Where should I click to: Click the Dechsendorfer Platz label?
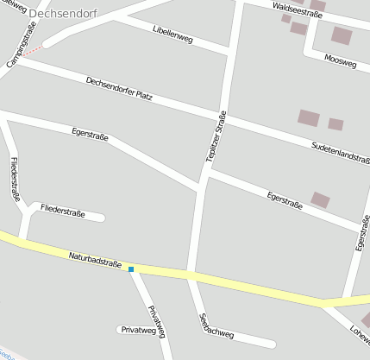[x=119, y=88]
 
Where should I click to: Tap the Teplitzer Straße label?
[x=216, y=136]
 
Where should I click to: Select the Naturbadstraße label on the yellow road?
[x=94, y=256]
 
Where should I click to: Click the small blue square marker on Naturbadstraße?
[x=131, y=269]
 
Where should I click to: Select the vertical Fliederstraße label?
[x=15, y=179]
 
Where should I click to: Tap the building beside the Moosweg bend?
[x=342, y=35]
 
